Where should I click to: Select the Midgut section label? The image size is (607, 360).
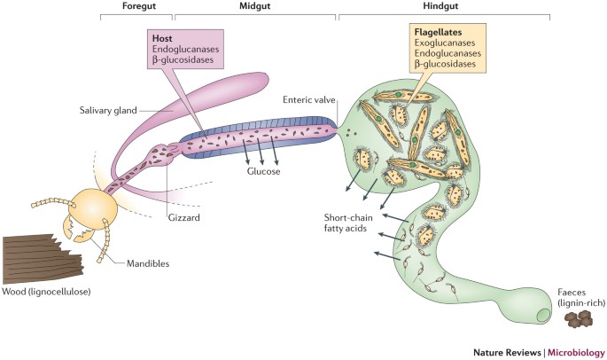255,7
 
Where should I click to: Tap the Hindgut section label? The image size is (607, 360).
443,7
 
